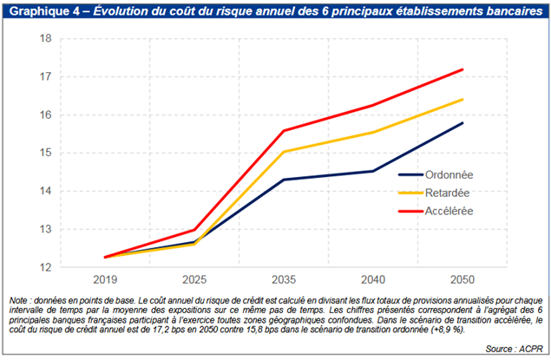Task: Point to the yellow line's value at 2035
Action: pyautogui.click(x=282, y=152)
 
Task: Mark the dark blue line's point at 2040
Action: pyautogui.click(x=373, y=171)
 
